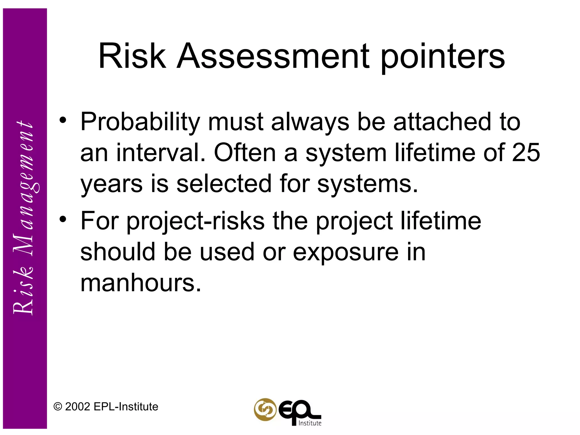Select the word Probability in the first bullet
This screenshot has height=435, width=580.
[140, 122]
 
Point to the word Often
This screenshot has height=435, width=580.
[245, 153]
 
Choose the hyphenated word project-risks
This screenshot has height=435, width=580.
[195, 221]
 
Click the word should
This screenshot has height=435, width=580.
[118, 252]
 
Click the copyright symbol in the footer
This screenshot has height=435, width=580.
[58, 407]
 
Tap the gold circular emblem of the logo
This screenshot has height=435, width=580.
[265, 410]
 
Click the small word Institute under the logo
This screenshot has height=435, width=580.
[310, 423]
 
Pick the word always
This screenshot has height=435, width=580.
[310, 122]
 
